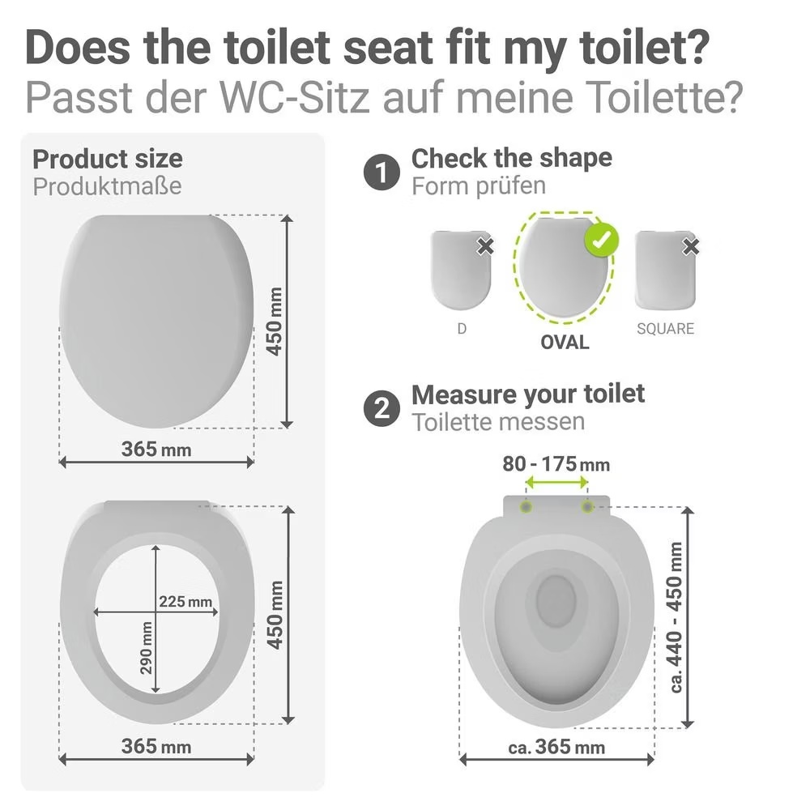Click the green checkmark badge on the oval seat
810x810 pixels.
pyautogui.click(x=601, y=240)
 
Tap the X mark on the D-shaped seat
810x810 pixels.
pyautogui.click(x=485, y=246)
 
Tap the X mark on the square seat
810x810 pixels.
pyautogui.click(x=690, y=246)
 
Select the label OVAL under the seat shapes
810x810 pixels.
pyautogui.click(x=565, y=342)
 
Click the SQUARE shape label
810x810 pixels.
pyautogui.click(x=665, y=329)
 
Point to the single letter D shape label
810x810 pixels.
pyautogui.click(x=462, y=329)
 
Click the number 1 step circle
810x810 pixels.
pyautogui.click(x=382, y=172)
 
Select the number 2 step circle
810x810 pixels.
pyautogui.click(x=382, y=408)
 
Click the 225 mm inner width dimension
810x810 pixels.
pyautogui.click(x=185, y=601)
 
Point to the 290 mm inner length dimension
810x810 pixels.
pyautogui.click(x=147, y=648)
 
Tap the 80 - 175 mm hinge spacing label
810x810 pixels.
pyautogui.click(x=556, y=464)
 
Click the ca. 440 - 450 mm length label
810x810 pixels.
pyautogui.click(x=676, y=618)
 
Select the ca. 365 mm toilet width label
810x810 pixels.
pyautogui.click(x=556, y=747)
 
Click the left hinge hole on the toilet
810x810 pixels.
pyautogui.click(x=526, y=507)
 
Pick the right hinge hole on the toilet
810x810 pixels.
pyautogui.click(x=587, y=507)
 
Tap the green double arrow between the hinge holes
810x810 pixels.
pyautogui.click(x=557, y=483)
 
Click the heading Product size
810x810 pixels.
pyautogui.click(x=108, y=159)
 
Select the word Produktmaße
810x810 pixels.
pyautogui.click(x=107, y=186)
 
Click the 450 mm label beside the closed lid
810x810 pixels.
pyautogui.click(x=275, y=322)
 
